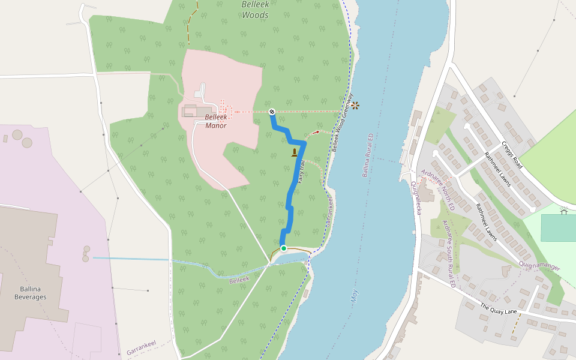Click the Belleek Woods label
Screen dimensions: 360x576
coord(255,9)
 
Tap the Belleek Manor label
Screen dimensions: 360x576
coord(216,121)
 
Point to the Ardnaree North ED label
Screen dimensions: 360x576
coord(435,187)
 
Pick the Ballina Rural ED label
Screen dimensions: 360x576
coord(367,156)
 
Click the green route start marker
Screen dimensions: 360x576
coord(284,248)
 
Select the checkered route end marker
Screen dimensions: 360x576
coord(272,111)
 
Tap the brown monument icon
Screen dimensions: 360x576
coord(294,153)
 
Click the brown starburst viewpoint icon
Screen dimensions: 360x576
coord(355,106)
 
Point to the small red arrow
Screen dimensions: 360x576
coord(316,132)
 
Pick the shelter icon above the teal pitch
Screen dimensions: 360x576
coord(563,210)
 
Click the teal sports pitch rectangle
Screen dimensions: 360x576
coord(559,228)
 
